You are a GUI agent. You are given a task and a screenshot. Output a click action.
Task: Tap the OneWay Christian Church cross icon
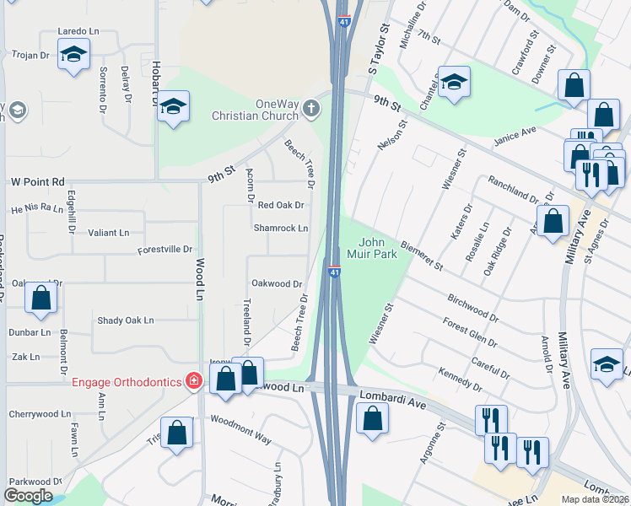[312, 108]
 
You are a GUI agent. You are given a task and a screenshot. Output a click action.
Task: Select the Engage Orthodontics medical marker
[194, 382]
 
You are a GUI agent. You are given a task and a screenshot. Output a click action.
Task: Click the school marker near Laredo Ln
[73, 56]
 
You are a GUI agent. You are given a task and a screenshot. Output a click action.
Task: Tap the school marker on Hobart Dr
[174, 107]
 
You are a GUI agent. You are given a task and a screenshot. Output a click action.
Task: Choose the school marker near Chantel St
[454, 82]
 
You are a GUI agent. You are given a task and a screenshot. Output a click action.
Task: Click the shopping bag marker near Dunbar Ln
[40, 298]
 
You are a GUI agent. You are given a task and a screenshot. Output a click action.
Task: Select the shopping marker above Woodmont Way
[177, 432]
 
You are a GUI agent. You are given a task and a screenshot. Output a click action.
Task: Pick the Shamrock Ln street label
[281, 229]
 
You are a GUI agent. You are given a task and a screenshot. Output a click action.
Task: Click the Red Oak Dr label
[281, 205]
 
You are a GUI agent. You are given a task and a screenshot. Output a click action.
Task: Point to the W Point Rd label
[38, 181]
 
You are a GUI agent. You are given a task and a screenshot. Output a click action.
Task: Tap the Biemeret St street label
[422, 255]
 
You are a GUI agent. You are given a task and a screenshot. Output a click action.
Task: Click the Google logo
[29, 496]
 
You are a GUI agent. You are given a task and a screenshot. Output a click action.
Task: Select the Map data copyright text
[594, 499]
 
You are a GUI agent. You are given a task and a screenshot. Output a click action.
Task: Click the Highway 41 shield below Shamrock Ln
[335, 272]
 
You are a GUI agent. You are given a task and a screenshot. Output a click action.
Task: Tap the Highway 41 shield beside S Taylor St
[344, 21]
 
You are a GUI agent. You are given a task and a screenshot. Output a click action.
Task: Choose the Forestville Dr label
[166, 250]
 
